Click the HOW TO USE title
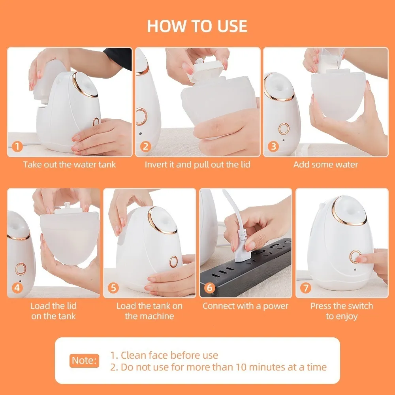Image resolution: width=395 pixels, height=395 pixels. tap(197, 26)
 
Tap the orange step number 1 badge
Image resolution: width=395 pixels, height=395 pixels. tap(17, 147)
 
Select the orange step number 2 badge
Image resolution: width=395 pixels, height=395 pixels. tap(146, 147)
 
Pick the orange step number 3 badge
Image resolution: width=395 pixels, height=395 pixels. tap(273, 147)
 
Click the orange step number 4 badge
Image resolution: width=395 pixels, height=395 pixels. tap(17, 288)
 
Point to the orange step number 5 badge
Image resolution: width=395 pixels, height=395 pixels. tap(113, 288)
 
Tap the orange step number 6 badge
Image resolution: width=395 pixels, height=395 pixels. tap(209, 288)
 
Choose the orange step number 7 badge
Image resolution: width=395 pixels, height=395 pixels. tap(305, 288)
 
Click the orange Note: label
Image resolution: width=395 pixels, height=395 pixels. tap(84, 360)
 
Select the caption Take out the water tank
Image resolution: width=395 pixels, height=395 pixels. tap(70, 164)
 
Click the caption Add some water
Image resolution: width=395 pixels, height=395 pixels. tap(325, 164)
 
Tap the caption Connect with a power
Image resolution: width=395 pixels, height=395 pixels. tap(245, 306)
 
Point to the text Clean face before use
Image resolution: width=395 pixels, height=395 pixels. tap(164, 355)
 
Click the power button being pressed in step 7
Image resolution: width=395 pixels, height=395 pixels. tap(355, 257)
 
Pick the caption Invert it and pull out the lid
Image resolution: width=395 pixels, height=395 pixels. tap(197, 164)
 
